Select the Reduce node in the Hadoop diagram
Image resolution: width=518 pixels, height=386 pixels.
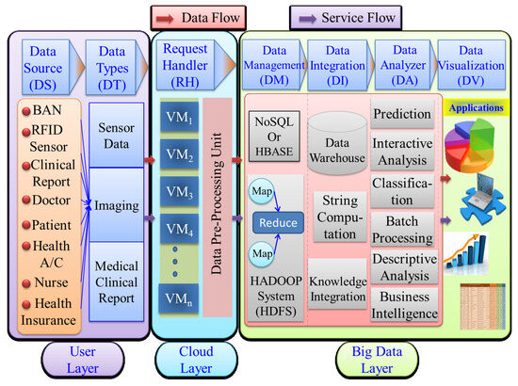coord(281,223)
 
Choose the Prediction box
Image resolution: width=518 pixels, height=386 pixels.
coord(402,114)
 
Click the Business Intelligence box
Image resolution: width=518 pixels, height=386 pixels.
coord(402,306)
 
